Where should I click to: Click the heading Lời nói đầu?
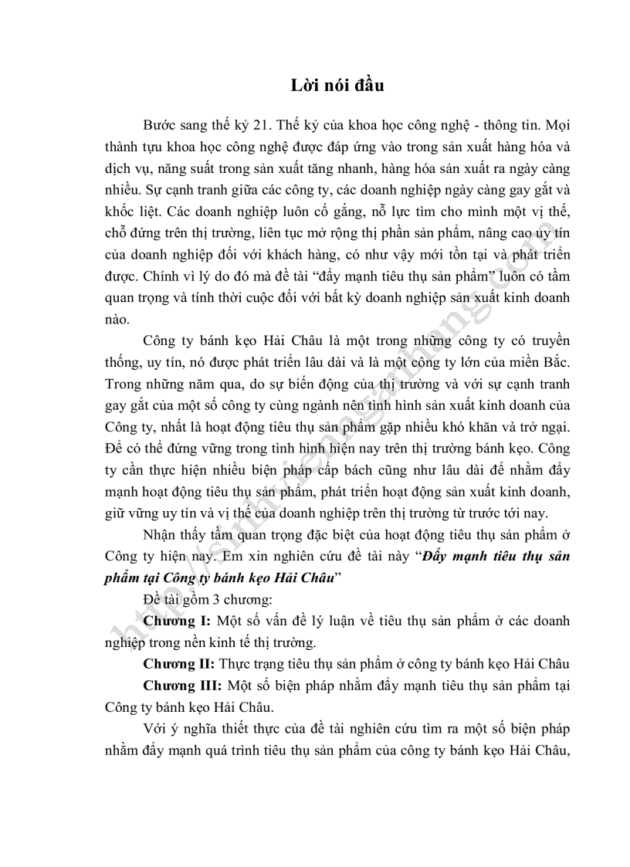337,86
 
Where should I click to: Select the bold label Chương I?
178,621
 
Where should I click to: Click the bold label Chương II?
180,663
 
